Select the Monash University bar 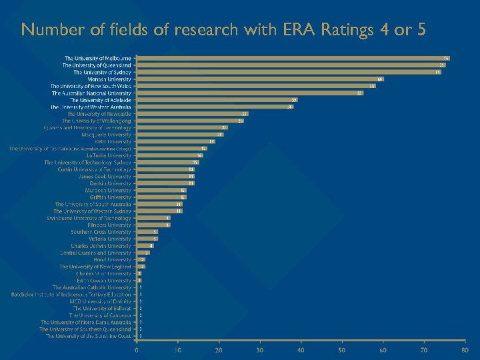point(260,79)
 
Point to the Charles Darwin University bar point(145,246)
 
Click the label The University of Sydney point(103,72)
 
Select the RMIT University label point(113,141)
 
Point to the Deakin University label point(115,183)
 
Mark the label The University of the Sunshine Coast point(89,336)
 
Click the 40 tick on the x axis point(301,350)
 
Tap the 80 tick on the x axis point(465,350)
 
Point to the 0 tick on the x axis point(137,350)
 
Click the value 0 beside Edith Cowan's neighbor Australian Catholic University point(140,287)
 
